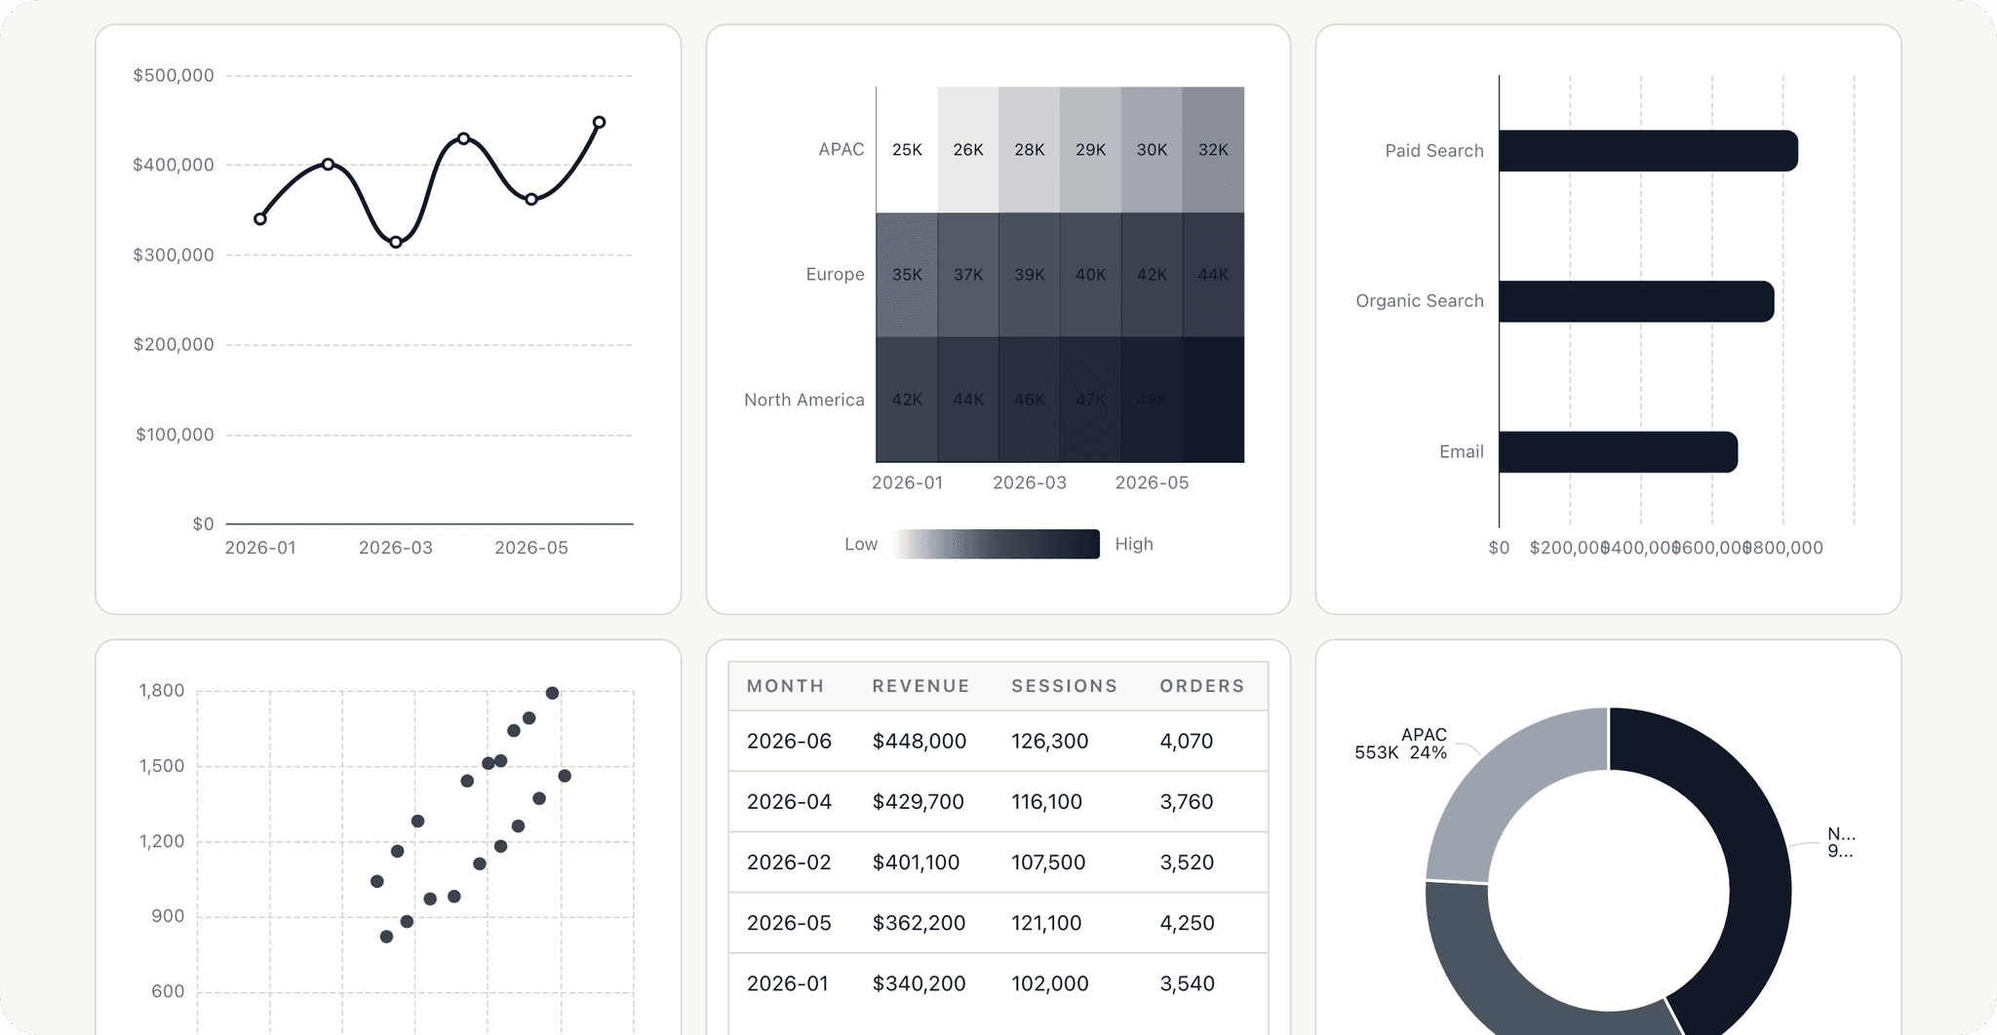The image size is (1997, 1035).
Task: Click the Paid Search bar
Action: click(1648, 151)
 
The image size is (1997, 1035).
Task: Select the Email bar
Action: click(1618, 452)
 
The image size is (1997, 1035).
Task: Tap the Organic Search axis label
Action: click(1419, 301)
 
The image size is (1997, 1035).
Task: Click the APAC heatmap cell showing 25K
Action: click(907, 150)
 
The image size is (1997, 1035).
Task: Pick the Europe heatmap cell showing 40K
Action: click(1090, 275)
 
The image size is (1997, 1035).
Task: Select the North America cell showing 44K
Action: click(968, 400)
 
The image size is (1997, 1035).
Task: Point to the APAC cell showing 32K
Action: click(1213, 150)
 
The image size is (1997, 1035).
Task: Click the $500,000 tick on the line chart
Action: click(174, 76)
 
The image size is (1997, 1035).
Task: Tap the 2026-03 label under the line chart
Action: click(395, 548)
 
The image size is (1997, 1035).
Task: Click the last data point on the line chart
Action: click(600, 123)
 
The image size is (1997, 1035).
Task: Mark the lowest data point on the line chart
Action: click(396, 242)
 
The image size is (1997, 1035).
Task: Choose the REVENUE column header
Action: click(920, 686)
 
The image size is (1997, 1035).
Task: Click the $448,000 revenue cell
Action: click(919, 742)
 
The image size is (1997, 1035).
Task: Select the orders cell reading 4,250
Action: click(1187, 923)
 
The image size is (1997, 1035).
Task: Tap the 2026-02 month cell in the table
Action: click(789, 862)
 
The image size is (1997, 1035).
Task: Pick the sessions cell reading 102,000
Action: click(1049, 983)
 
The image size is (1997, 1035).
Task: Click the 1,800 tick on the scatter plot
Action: click(162, 691)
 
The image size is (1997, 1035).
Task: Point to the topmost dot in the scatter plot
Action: click(552, 693)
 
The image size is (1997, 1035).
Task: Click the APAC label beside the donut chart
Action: click(1424, 735)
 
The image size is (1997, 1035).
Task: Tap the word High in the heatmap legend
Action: click(1134, 545)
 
